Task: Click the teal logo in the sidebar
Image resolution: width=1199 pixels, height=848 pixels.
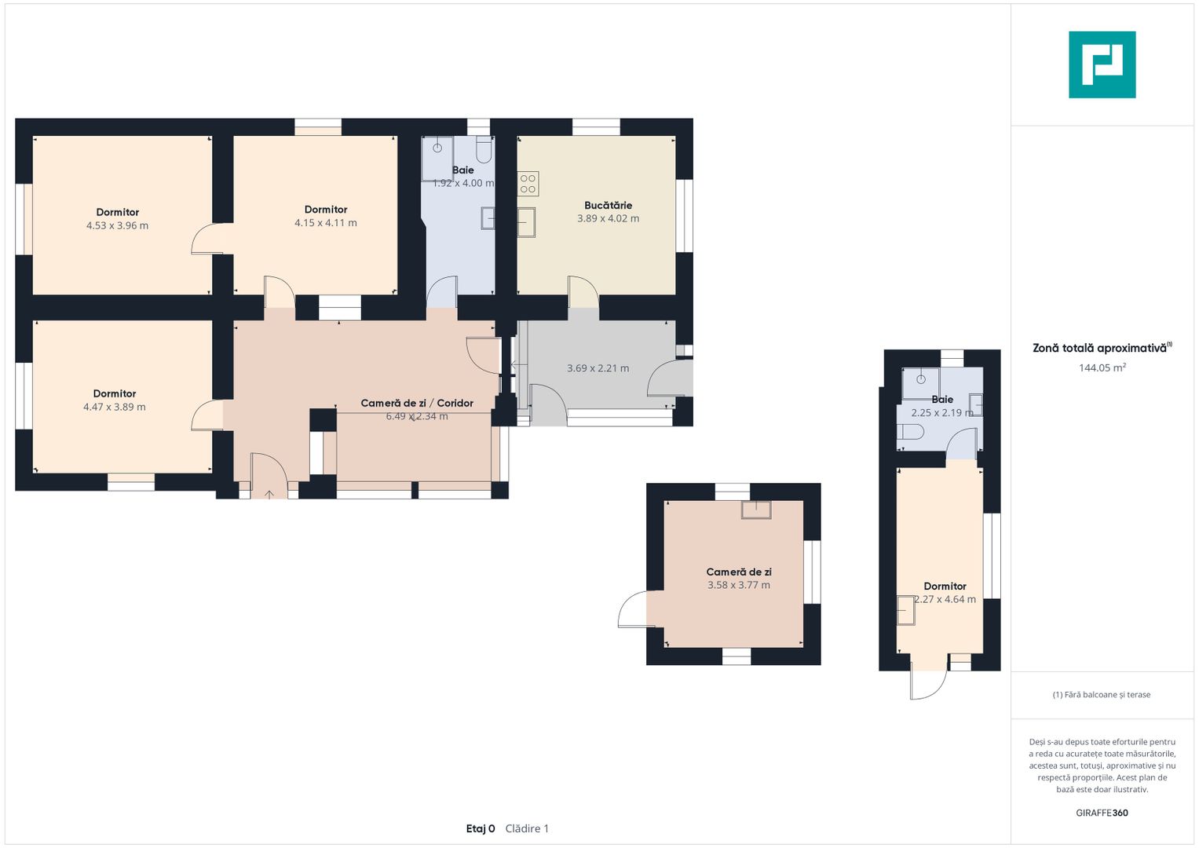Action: click(1102, 64)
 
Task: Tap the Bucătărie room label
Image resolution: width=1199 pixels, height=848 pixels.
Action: click(608, 205)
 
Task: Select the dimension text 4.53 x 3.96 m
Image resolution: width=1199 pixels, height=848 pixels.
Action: click(117, 225)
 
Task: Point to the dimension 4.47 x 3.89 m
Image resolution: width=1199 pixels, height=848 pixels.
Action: click(114, 407)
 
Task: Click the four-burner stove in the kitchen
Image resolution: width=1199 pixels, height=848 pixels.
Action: click(528, 184)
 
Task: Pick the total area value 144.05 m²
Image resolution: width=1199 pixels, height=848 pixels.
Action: click(1102, 367)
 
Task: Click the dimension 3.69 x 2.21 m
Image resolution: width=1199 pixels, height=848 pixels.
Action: click(598, 368)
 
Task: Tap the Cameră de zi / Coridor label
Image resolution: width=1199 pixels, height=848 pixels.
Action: click(417, 403)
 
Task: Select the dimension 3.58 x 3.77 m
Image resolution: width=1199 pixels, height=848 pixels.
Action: click(739, 585)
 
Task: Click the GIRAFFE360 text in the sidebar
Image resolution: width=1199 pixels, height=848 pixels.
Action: click(1102, 813)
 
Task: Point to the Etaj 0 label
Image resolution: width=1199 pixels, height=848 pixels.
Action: click(480, 828)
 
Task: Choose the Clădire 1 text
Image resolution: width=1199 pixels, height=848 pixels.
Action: click(527, 828)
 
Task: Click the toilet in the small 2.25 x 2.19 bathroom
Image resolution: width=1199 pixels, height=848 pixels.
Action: click(911, 432)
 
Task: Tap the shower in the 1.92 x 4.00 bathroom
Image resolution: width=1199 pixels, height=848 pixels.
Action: click(437, 159)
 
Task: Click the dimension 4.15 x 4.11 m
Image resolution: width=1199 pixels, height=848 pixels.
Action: click(325, 223)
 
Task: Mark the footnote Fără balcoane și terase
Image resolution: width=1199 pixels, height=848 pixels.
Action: click(1102, 694)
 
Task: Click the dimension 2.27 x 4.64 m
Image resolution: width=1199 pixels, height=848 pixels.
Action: click(945, 600)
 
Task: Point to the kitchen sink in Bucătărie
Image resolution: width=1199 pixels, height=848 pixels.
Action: click(526, 222)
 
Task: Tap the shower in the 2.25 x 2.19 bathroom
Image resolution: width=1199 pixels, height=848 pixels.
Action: click(921, 383)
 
